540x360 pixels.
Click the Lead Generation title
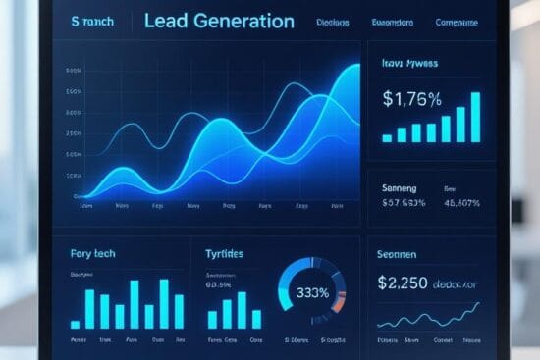218,21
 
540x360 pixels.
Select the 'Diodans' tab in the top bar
335,22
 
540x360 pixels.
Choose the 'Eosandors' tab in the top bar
391,22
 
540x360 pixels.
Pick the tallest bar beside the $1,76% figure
476,117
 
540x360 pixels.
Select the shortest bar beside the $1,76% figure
387,135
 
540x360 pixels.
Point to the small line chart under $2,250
428,318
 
